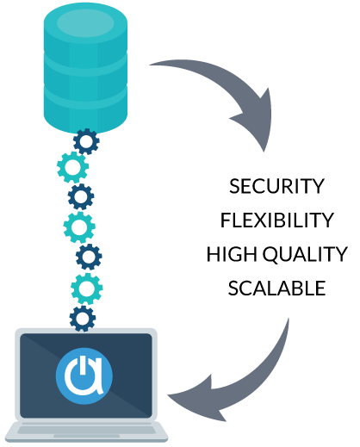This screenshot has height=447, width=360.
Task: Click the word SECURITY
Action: pyautogui.click(x=276, y=186)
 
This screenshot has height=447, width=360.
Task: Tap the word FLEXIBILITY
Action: pyautogui.click(x=276, y=220)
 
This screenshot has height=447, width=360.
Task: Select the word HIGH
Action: pyautogui.click(x=232, y=254)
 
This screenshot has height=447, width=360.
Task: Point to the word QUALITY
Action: pyautogui.click(x=305, y=255)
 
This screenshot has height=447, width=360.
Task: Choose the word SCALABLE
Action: pyautogui.click(x=276, y=288)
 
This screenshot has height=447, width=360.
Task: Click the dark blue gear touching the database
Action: pyautogui.click(x=86, y=141)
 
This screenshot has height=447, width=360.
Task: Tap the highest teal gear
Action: pyautogui.click(x=72, y=167)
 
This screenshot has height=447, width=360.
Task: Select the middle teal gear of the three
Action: pyautogui.click(x=79, y=227)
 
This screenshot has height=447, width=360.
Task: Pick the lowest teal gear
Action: pyautogui.click(x=87, y=289)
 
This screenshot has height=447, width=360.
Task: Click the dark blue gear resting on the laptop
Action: pyautogui.click(x=83, y=319)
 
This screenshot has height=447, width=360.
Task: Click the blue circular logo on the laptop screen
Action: pyautogui.click(x=84, y=376)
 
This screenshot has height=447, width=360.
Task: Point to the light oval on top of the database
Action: pyautogui.click(x=85, y=23)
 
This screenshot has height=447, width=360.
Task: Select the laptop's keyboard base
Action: pyautogui.click(x=86, y=431)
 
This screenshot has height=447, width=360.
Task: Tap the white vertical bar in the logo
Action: pyautogui.click(x=83, y=365)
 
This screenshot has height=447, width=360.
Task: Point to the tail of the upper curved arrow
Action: pyautogui.click(x=155, y=64)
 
